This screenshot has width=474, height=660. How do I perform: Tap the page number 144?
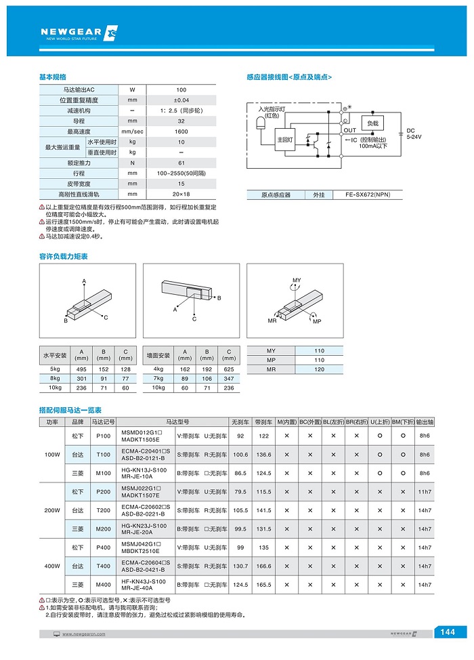448,632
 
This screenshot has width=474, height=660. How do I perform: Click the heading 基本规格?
52,77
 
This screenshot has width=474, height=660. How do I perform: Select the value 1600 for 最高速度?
181,131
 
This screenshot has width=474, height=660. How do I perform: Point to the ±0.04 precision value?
181,100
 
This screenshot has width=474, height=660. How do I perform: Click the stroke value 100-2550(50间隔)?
181,173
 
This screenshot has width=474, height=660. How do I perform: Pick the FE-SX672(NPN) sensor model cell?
368,195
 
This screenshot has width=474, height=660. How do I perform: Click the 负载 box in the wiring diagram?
372,123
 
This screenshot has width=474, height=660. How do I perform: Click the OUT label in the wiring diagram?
349,130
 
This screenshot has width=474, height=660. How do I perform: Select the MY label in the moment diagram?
297,280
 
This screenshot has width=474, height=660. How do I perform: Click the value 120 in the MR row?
320,370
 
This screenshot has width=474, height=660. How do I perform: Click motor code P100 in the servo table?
104,436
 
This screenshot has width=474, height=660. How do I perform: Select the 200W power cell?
52,510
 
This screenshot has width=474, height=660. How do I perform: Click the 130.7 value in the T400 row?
240,566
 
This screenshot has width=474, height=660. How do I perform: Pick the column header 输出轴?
425,421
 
